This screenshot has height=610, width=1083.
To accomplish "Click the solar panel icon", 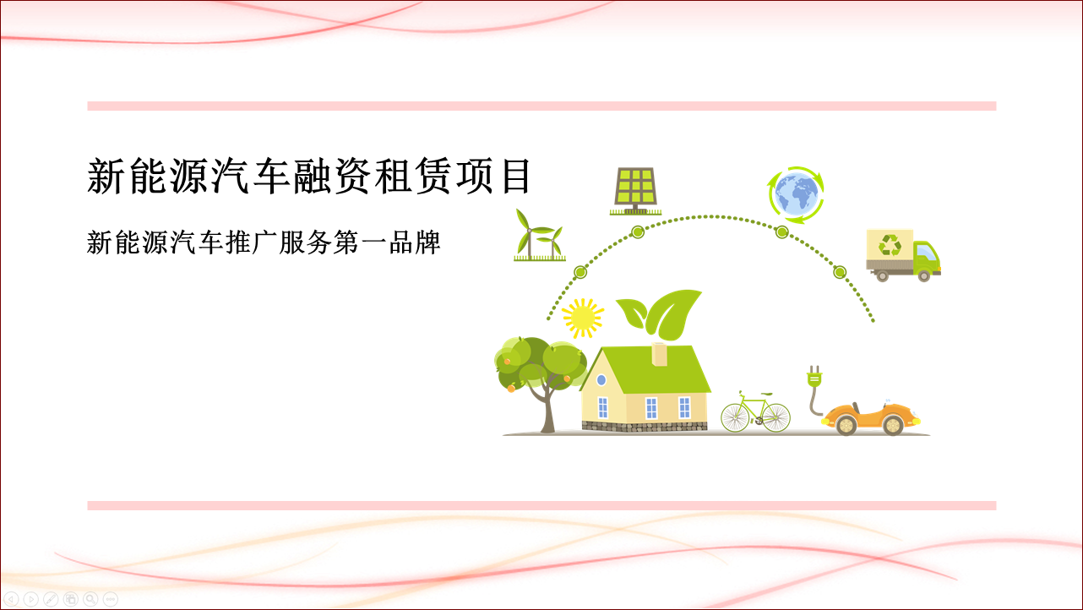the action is click(x=635, y=191).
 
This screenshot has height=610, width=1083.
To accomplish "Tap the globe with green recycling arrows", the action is click(x=796, y=194).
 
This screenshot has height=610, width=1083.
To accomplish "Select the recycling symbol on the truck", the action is click(x=890, y=245).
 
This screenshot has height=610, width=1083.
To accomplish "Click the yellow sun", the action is click(x=583, y=318).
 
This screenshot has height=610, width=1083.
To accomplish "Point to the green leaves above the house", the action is click(x=659, y=314).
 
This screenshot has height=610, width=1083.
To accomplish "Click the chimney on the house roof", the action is click(x=660, y=354).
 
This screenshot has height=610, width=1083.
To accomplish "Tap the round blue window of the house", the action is click(x=601, y=380).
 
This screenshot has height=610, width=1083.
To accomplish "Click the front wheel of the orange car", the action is click(x=893, y=425).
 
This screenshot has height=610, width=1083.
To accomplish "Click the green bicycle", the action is click(x=755, y=412).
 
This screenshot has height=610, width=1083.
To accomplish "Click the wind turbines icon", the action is click(x=539, y=236).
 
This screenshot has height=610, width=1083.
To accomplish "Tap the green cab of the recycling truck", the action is click(x=926, y=257).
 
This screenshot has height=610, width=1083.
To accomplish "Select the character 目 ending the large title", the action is click(x=516, y=176).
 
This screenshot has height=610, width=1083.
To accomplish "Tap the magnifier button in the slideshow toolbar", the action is click(x=90, y=599).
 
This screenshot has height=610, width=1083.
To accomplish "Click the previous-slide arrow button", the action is click(x=11, y=599).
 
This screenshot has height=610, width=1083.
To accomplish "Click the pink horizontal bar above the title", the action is click(x=541, y=106).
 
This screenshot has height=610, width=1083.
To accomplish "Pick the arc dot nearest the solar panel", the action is click(x=638, y=232).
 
